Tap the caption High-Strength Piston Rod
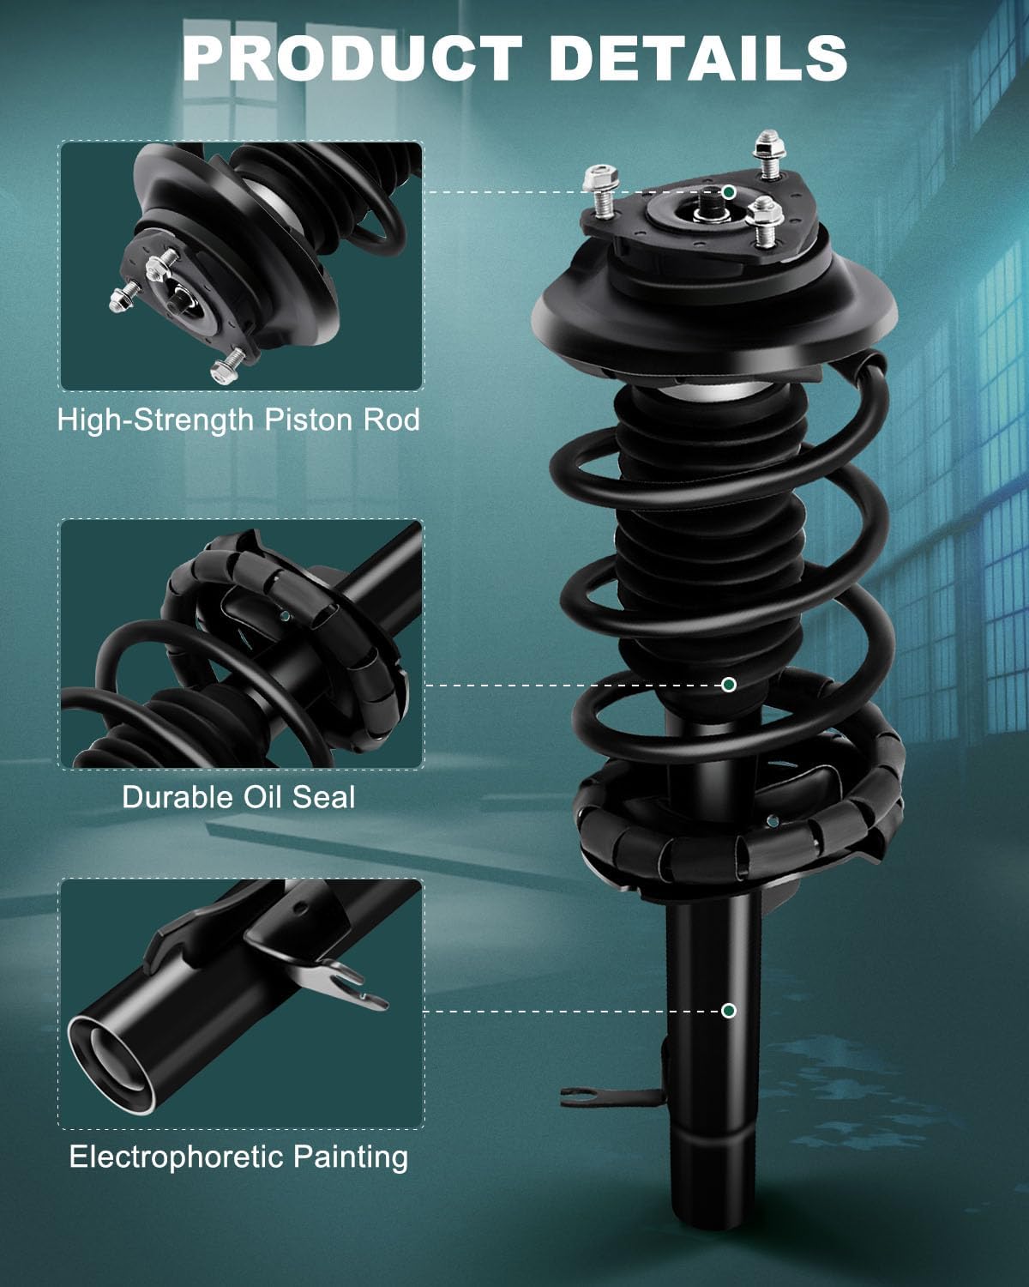238,420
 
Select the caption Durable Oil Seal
238,796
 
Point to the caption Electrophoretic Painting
238,1157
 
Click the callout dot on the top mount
728,191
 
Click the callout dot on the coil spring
728,684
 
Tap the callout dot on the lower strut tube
728,1010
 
